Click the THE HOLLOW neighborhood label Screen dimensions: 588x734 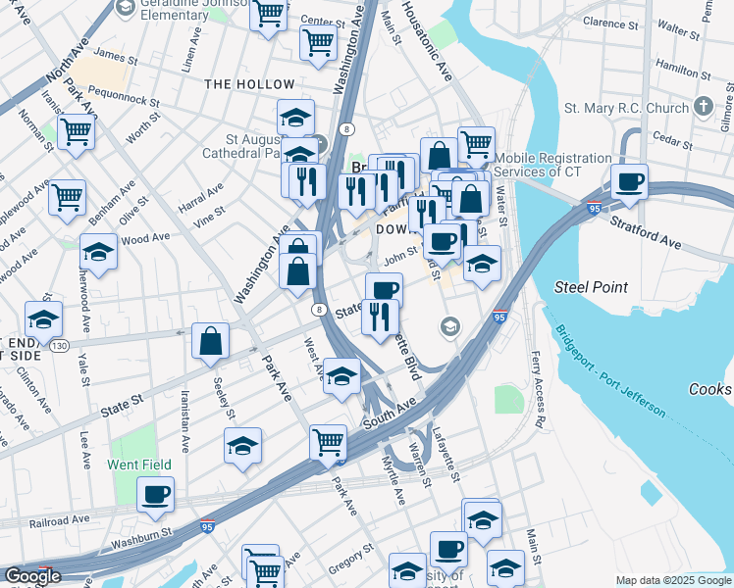click(249, 85)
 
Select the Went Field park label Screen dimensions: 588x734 click(139, 465)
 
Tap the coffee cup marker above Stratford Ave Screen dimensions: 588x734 click(628, 182)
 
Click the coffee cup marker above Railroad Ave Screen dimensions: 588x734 click(155, 495)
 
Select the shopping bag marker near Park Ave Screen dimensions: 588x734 click(211, 342)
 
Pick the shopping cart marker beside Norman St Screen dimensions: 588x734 click(76, 132)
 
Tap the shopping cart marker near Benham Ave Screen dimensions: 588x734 click(67, 198)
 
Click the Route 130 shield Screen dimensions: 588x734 click(60, 346)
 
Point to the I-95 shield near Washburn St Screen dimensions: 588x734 click(207, 526)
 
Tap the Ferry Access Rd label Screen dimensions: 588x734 click(538, 390)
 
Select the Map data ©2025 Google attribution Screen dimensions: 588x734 click(673, 580)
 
